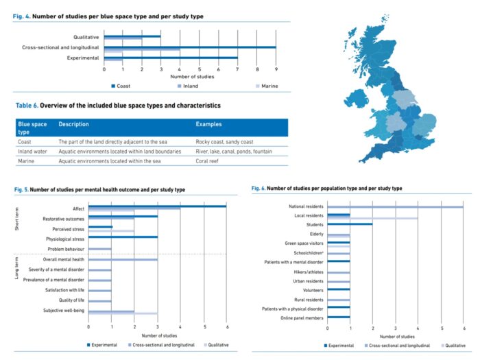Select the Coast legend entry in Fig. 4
coord(123,86)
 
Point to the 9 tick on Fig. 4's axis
coord(276,69)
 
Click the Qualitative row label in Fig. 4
coord(86,36)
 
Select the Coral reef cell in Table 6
coord(211,160)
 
